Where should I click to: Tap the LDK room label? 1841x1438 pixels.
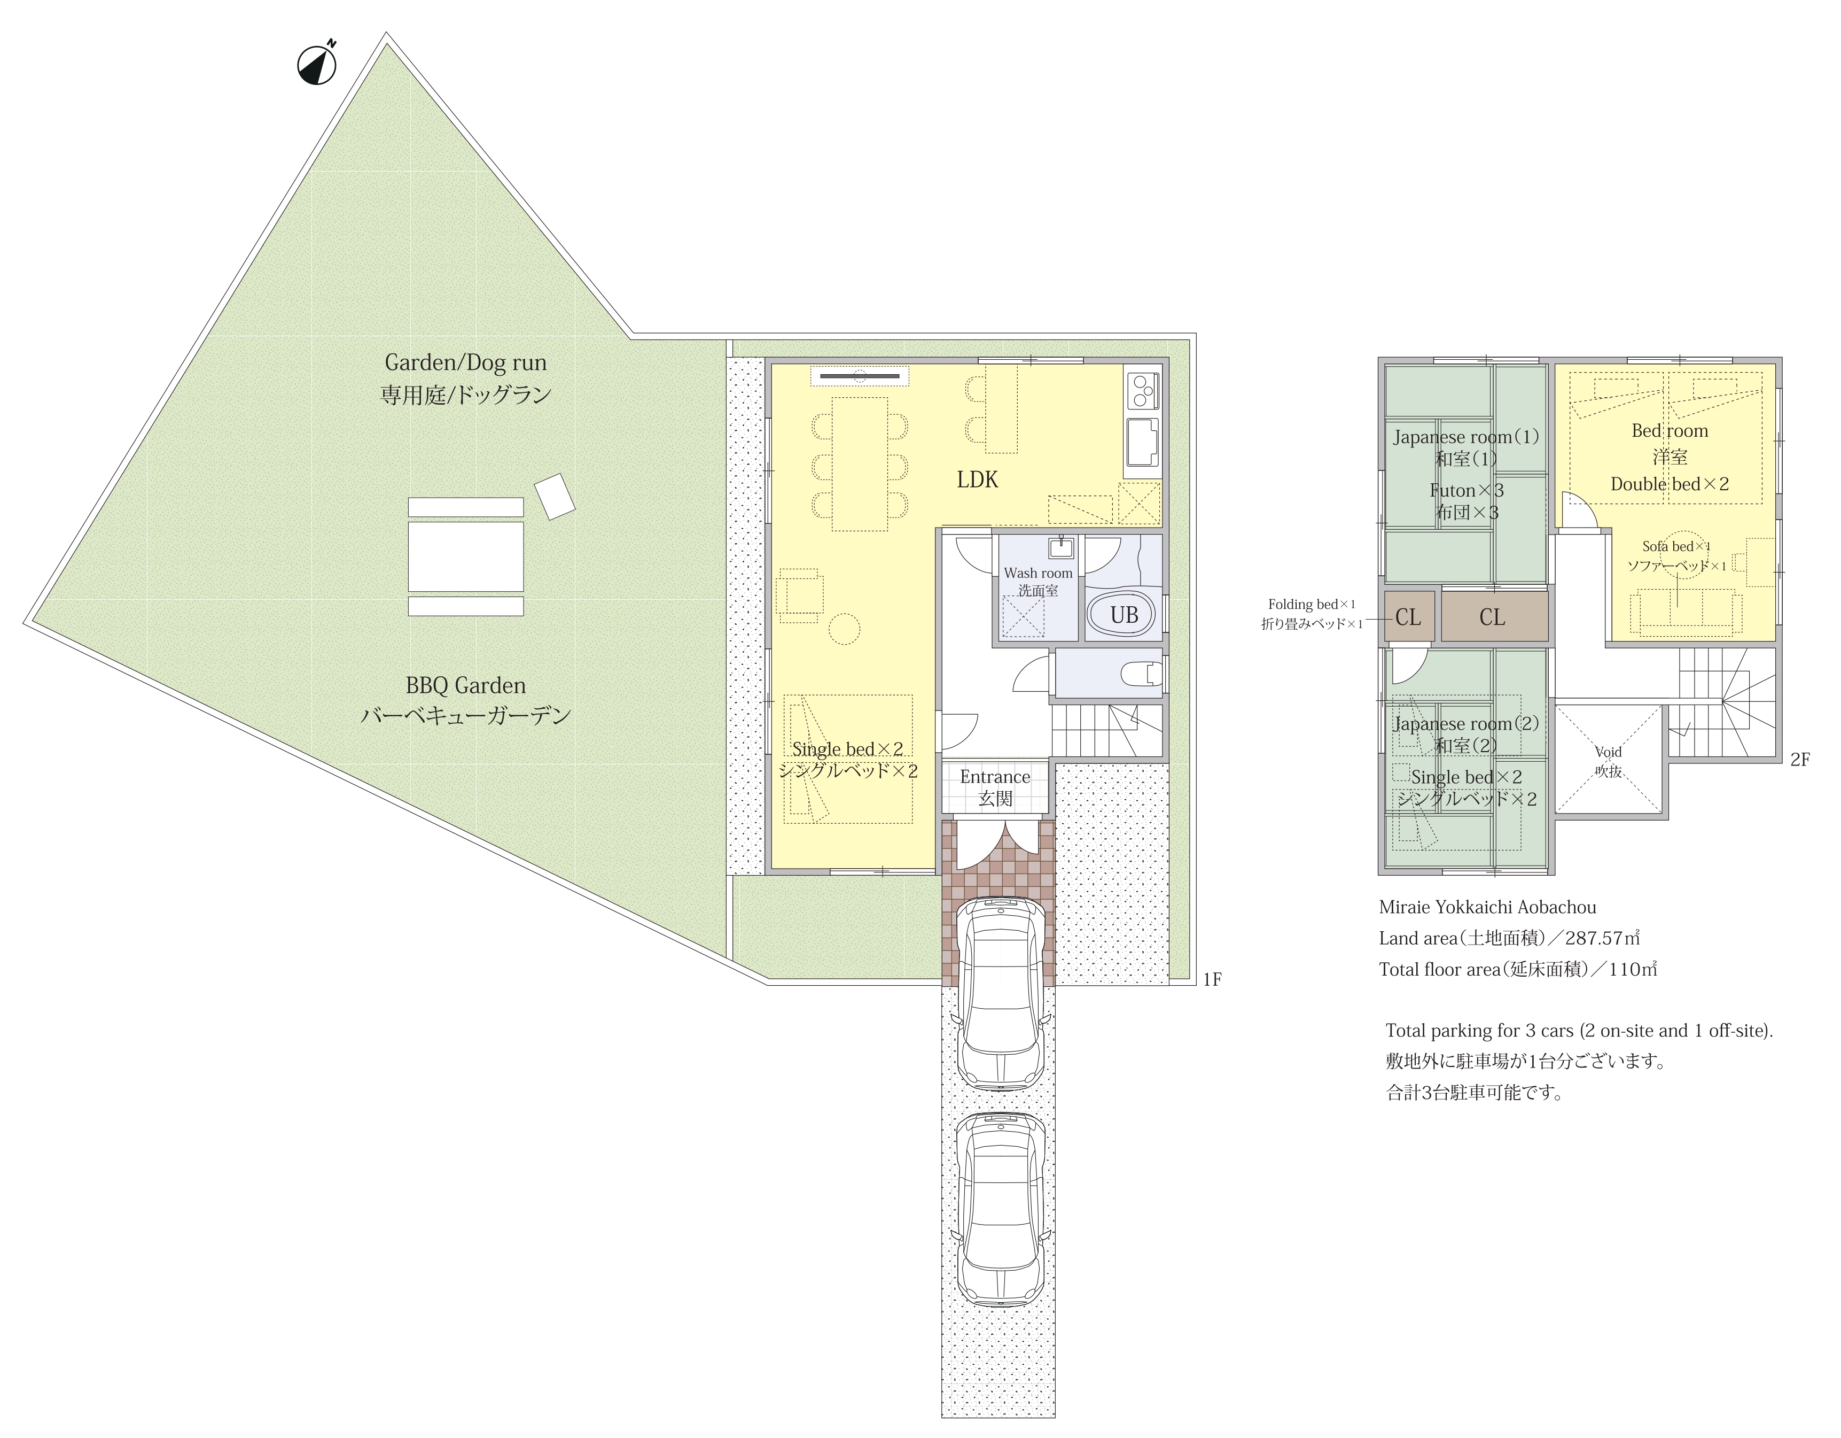click(x=977, y=480)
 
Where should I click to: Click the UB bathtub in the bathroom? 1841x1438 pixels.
click(x=1124, y=615)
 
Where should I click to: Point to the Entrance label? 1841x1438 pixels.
click(x=995, y=777)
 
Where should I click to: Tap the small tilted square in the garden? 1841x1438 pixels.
click(x=555, y=496)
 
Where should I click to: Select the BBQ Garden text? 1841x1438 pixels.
click(x=465, y=686)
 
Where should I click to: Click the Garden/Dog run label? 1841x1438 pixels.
click(x=465, y=362)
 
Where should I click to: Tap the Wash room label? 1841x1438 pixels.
click(x=1037, y=573)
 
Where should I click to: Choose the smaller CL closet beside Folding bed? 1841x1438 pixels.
click(x=1408, y=616)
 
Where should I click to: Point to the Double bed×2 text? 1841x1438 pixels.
click(x=1669, y=484)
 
